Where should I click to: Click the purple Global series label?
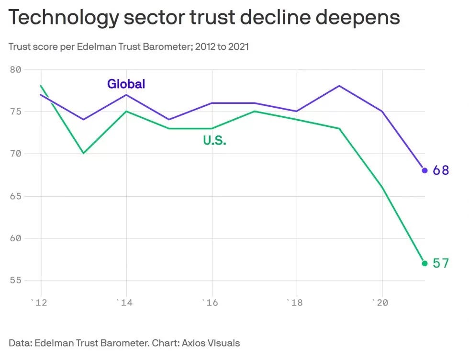click(x=126, y=84)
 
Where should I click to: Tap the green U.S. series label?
click(x=214, y=140)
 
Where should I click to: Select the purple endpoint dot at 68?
click(x=425, y=170)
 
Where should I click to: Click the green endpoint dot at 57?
click(x=425, y=263)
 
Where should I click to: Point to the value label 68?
click(x=441, y=170)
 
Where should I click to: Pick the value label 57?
click(x=441, y=263)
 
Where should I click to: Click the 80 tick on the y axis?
click(x=15, y=70)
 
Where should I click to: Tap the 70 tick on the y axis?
click(x=15, y=154)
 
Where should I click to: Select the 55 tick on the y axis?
click(x=15, y=281)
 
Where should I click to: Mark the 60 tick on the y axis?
click(x=15, y=238)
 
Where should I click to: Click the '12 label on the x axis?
click(x=39, y=303)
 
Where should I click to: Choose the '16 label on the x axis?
click(x=210, y=303)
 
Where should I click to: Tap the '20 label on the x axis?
click(x=380, y=303)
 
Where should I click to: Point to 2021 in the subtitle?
click(x=238, y=47)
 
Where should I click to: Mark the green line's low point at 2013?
click(x=84, y=153)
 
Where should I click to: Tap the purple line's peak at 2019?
click(x=339, y=86)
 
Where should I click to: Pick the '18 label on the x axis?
click(x=295, y=303)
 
